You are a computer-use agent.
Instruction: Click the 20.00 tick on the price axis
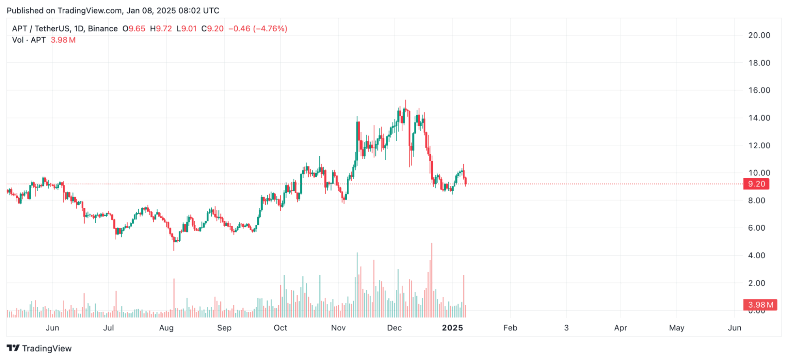point(759,35)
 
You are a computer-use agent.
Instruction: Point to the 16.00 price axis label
point(759,90)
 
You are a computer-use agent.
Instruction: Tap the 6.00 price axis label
point(756,228)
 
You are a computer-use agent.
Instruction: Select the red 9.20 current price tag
point(756,184)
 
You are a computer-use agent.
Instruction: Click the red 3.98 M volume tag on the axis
point(760,305)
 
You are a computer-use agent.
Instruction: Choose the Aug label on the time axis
point(166,328)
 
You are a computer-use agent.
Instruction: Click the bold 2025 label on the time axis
point(452,328)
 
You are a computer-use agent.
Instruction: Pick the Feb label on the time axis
point(510,328)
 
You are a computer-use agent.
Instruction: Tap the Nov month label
point(338,328)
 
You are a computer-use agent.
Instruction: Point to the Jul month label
point(108,328)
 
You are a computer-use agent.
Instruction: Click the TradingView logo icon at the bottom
point(13,348)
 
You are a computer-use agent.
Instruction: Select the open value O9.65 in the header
point(134,29)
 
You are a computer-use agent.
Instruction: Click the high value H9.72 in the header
point(161,29)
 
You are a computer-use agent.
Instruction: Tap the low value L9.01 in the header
point(186,29)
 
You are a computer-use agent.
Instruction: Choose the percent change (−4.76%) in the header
point(270,29)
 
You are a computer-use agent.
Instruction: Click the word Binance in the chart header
point(103,29)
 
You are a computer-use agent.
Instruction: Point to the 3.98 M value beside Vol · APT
point(63,40)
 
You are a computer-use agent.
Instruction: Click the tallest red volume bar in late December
point(432,280)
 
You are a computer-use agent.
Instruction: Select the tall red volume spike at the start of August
point(174,298)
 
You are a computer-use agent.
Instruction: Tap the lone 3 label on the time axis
point(566,328)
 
